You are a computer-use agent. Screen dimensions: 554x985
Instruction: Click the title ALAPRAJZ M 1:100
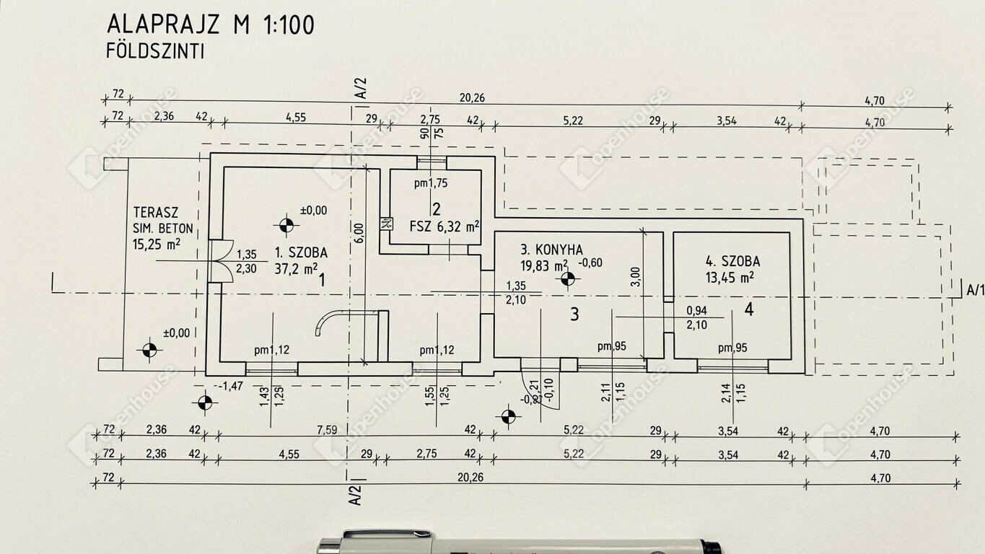210,25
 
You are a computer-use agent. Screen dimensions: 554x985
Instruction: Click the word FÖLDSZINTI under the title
155,51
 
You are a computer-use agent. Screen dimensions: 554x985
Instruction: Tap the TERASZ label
156,213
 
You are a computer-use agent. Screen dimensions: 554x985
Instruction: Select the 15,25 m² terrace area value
157,245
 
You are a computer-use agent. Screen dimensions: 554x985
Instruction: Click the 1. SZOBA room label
301,253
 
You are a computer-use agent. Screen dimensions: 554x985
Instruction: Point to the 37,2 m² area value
296,270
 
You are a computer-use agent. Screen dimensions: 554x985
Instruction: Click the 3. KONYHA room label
552,250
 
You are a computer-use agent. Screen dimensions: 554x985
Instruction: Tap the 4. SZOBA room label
732,262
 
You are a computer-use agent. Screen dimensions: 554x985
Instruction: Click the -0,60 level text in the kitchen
590,263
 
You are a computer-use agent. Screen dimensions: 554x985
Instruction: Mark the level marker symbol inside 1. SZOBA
286,226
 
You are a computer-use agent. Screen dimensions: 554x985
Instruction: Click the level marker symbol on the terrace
149,351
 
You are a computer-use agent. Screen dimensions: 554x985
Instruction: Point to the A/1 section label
974,290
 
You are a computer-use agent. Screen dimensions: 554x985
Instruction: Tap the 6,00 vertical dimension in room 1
359,231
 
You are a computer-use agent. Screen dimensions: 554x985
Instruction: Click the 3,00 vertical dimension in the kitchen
635,276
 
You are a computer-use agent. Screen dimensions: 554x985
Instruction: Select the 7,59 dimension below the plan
327,431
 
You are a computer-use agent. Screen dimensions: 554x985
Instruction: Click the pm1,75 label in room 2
431,183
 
